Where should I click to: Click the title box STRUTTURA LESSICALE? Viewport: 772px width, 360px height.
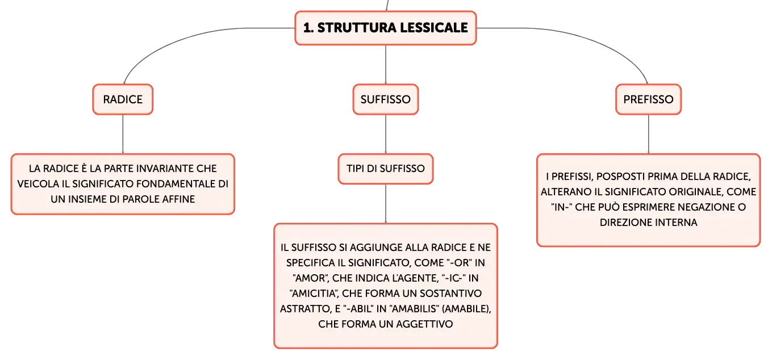(386, 28)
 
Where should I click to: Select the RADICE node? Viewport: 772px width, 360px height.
(123, 99)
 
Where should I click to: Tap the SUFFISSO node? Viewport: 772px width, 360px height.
(386, 99)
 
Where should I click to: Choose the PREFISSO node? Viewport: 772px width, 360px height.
(648, 99)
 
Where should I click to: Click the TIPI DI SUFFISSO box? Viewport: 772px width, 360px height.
(386, 169)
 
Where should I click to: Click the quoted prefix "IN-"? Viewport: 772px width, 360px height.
(561, 207)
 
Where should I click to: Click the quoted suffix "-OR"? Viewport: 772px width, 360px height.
(460, 262)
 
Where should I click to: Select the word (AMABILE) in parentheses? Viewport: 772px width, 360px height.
(466, 309)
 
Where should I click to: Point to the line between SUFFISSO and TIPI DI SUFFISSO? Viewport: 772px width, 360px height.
(386, 134)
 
